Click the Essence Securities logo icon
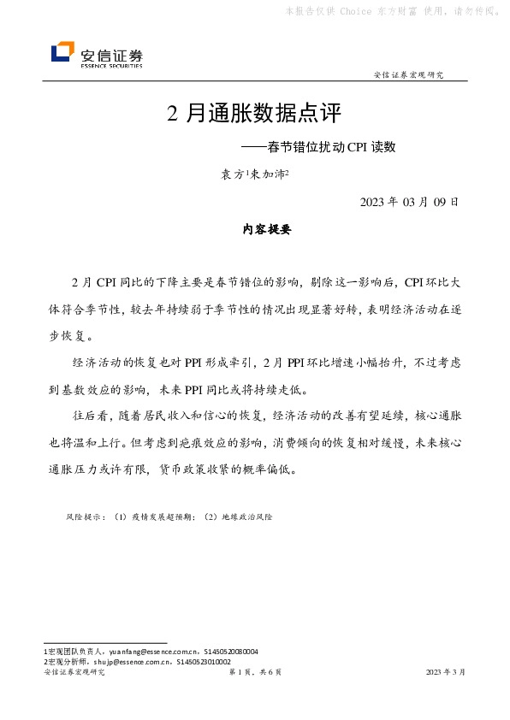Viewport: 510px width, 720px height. [62, 53]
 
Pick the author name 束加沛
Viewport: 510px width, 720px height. [270, 174]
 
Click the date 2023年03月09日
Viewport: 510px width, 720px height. [411, 203]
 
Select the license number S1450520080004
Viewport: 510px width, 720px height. [228, 652]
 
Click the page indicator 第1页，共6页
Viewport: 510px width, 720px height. [255, 673]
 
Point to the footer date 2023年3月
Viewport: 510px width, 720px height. [446, 673]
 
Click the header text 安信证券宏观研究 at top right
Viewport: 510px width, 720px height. [409, 74]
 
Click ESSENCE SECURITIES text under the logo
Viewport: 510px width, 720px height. [111, 65]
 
